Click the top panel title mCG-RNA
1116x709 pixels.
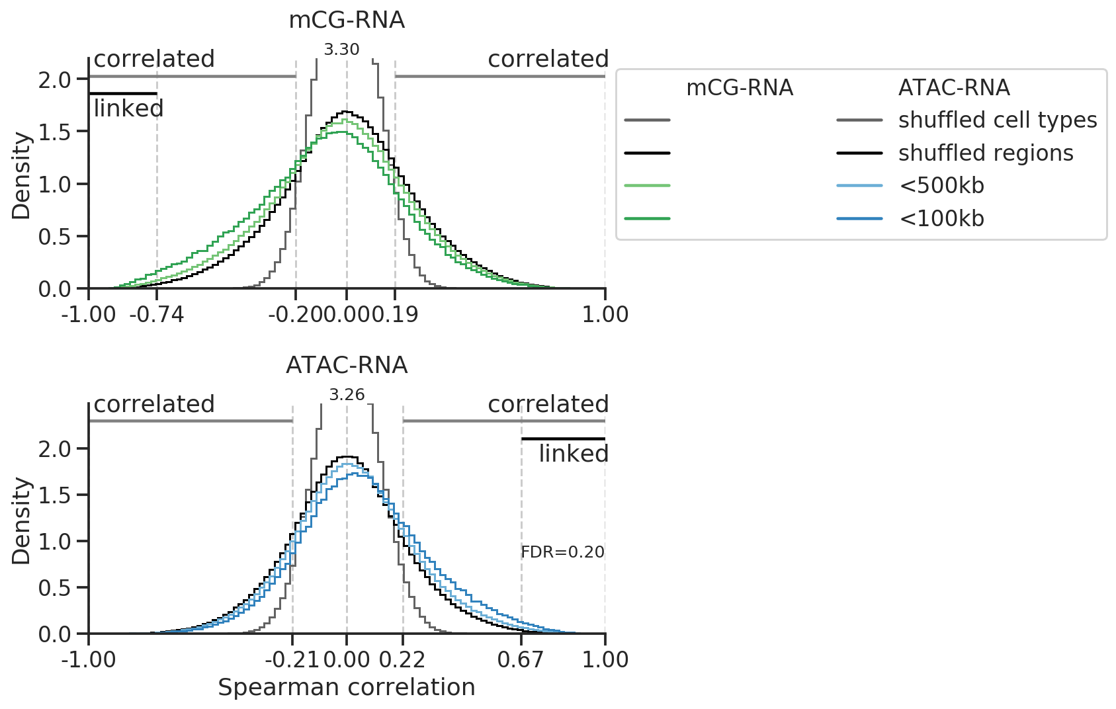pyautogui.click(x=347, y=21)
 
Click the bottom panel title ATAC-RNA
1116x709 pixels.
pyautogui.click(x=347, y=365)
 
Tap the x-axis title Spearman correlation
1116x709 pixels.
pyautogui.click(x=347, y=688)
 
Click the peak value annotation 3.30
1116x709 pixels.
pyautogui.click(x=341, y=50)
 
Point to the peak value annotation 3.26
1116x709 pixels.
pyautogui.click(x=347, y=395)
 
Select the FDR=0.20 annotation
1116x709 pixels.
pyautogui.click(x=562, y=552)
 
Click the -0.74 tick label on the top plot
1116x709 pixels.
pyautogui.click(x=157, y=314)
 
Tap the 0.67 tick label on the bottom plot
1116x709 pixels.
pyautogui.click(x=521, y=659)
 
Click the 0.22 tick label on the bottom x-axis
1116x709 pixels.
pyautogui.click(x=402, y=659)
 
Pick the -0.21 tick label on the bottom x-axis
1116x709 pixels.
pyautogui.click(x=292, y=659)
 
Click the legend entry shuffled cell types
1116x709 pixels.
pyautogui.click(x=998, y=120)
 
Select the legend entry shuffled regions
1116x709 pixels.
pyautogui.click(x=986, y=153)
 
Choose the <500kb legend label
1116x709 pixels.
pyautogui.click(x=941, y=186)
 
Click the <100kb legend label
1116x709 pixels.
pyautogui.click(x=941, y=218)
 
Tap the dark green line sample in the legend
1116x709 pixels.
pyautogui.click(x=647, y=218)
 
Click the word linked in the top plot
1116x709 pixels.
pyautogui.click(x=128, y=108)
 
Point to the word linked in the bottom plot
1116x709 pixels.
pyautogui.click(x=573, y=454)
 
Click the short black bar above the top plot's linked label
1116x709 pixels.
pyautogui.click(x=122, y=94)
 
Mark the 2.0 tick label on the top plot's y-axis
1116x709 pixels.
pyautogui.click(x=54, y=80)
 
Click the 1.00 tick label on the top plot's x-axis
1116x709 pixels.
pyautogui.click(x=605, y=314)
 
